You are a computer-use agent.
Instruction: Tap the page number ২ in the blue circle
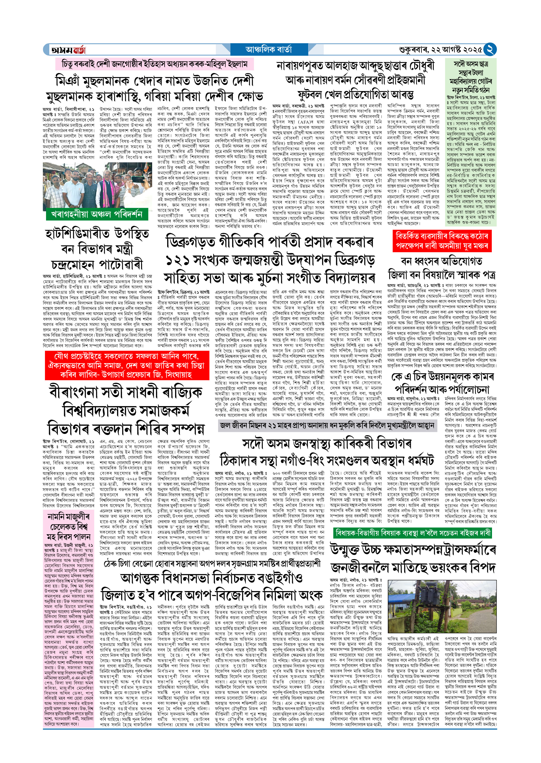pyautogui.click(x=490, y=50)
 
